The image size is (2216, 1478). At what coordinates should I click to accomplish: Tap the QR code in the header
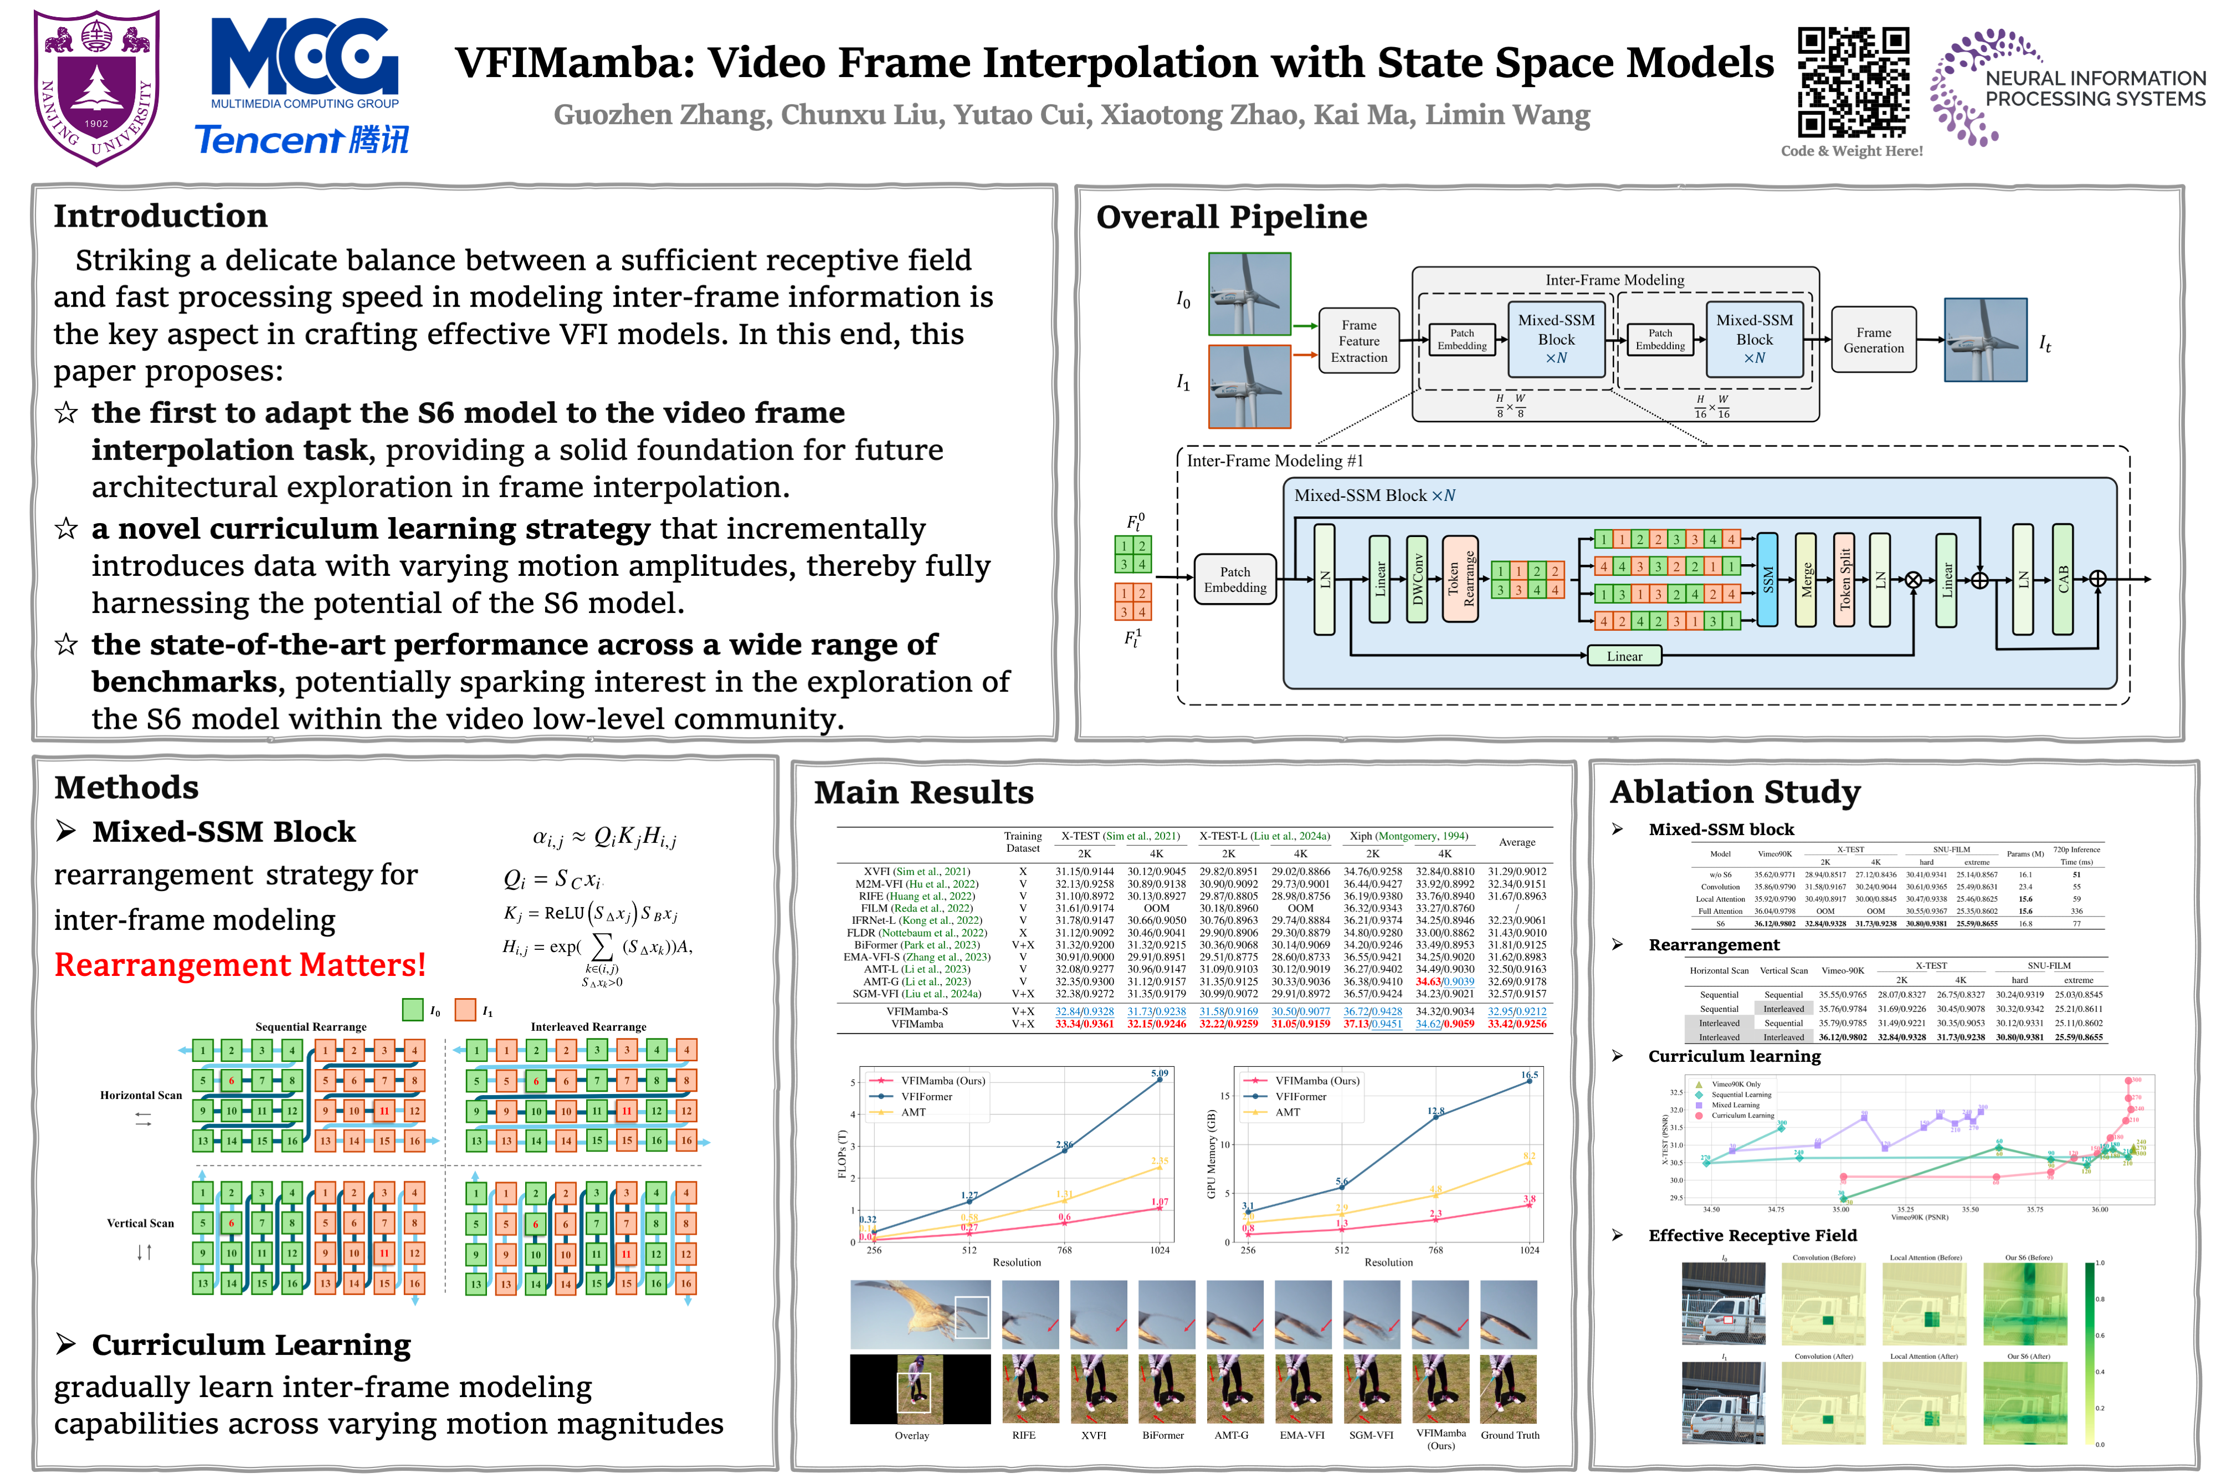1853,82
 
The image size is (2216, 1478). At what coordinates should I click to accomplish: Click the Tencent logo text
301,140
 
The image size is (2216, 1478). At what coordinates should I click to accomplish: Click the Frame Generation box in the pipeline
1873,340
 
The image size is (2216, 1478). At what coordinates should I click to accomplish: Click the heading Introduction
160,216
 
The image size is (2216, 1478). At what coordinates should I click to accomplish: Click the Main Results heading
924,792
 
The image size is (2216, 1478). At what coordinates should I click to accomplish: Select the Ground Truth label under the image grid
1509,1435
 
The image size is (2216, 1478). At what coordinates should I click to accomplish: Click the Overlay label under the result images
911,1435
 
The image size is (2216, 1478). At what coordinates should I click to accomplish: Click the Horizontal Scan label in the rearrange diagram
141,1095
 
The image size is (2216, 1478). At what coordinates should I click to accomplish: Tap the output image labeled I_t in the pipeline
1985,340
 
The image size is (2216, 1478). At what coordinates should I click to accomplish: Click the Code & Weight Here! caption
1851,151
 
